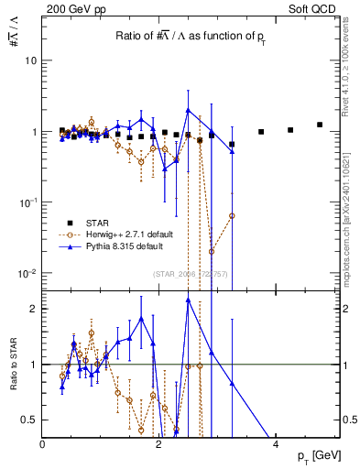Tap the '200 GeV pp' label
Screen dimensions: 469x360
73,9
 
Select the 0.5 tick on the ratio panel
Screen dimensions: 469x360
31,420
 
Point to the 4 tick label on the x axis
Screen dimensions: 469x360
277,443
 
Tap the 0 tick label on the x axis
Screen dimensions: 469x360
43,443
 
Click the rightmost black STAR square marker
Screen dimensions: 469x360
320,125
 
